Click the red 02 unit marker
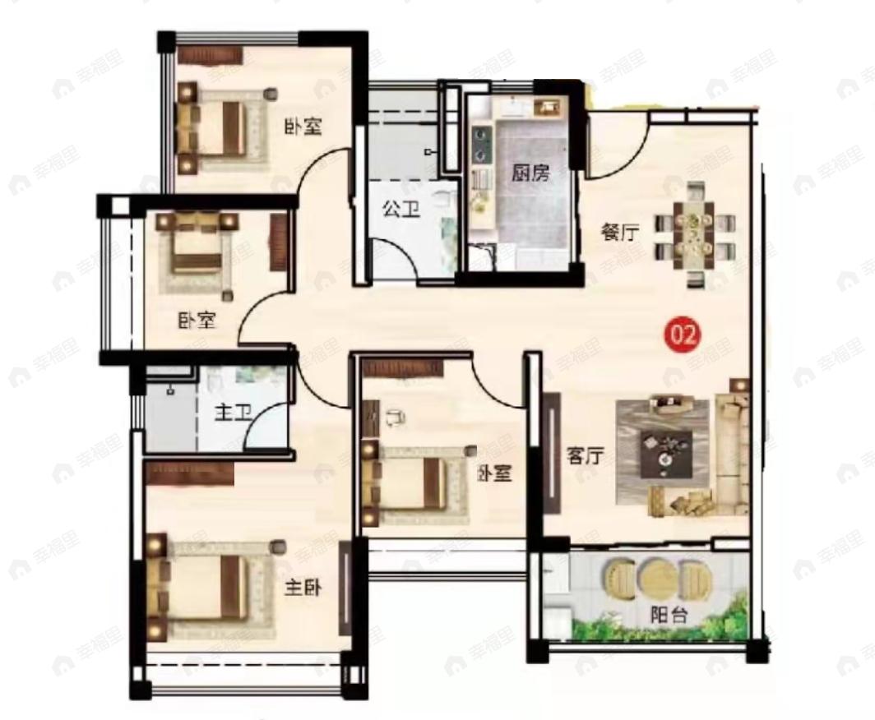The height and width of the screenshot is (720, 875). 684,335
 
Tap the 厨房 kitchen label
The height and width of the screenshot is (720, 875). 530,173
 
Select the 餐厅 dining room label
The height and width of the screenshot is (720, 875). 619,232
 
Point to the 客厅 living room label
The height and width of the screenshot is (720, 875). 586,456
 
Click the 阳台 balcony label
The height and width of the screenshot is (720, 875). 669,615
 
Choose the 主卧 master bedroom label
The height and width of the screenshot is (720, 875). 303,588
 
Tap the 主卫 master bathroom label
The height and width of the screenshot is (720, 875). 234,413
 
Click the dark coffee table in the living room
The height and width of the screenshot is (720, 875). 667,454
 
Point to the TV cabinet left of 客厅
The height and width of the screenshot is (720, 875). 551,453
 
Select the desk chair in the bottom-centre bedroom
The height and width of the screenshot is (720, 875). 395,418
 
